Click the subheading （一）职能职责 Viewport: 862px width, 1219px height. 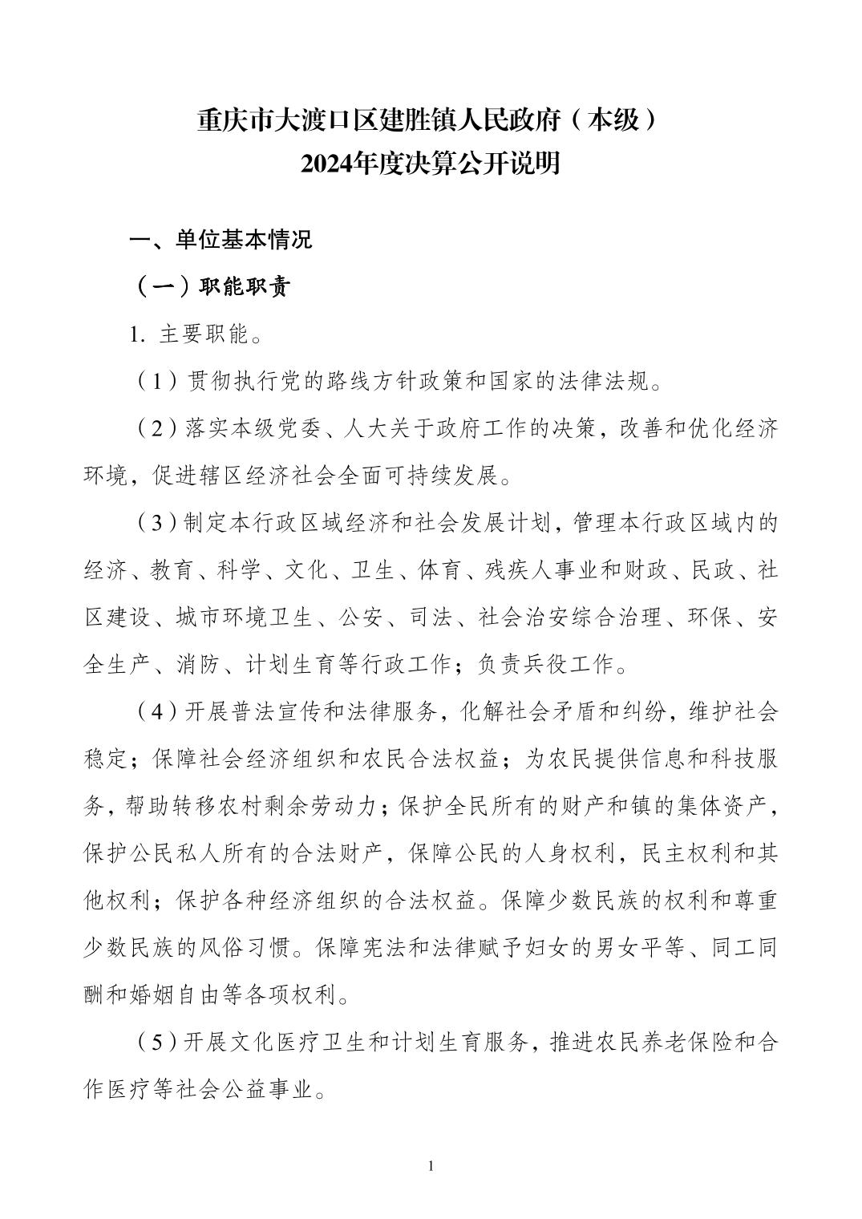click(212, 287)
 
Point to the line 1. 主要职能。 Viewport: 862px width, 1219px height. click(196, 334)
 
